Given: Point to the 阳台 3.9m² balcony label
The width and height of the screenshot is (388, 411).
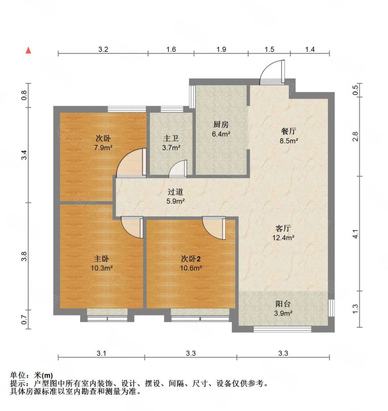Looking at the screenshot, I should coord(283,308).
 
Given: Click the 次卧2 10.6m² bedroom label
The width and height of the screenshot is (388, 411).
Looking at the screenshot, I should coord(191,263).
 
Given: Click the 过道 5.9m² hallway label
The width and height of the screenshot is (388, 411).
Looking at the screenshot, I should coord(175,197).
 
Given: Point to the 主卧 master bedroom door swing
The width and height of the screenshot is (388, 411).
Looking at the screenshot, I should coord(133,227).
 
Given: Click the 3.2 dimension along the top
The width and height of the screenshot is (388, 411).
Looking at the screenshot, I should coord(103,49).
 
